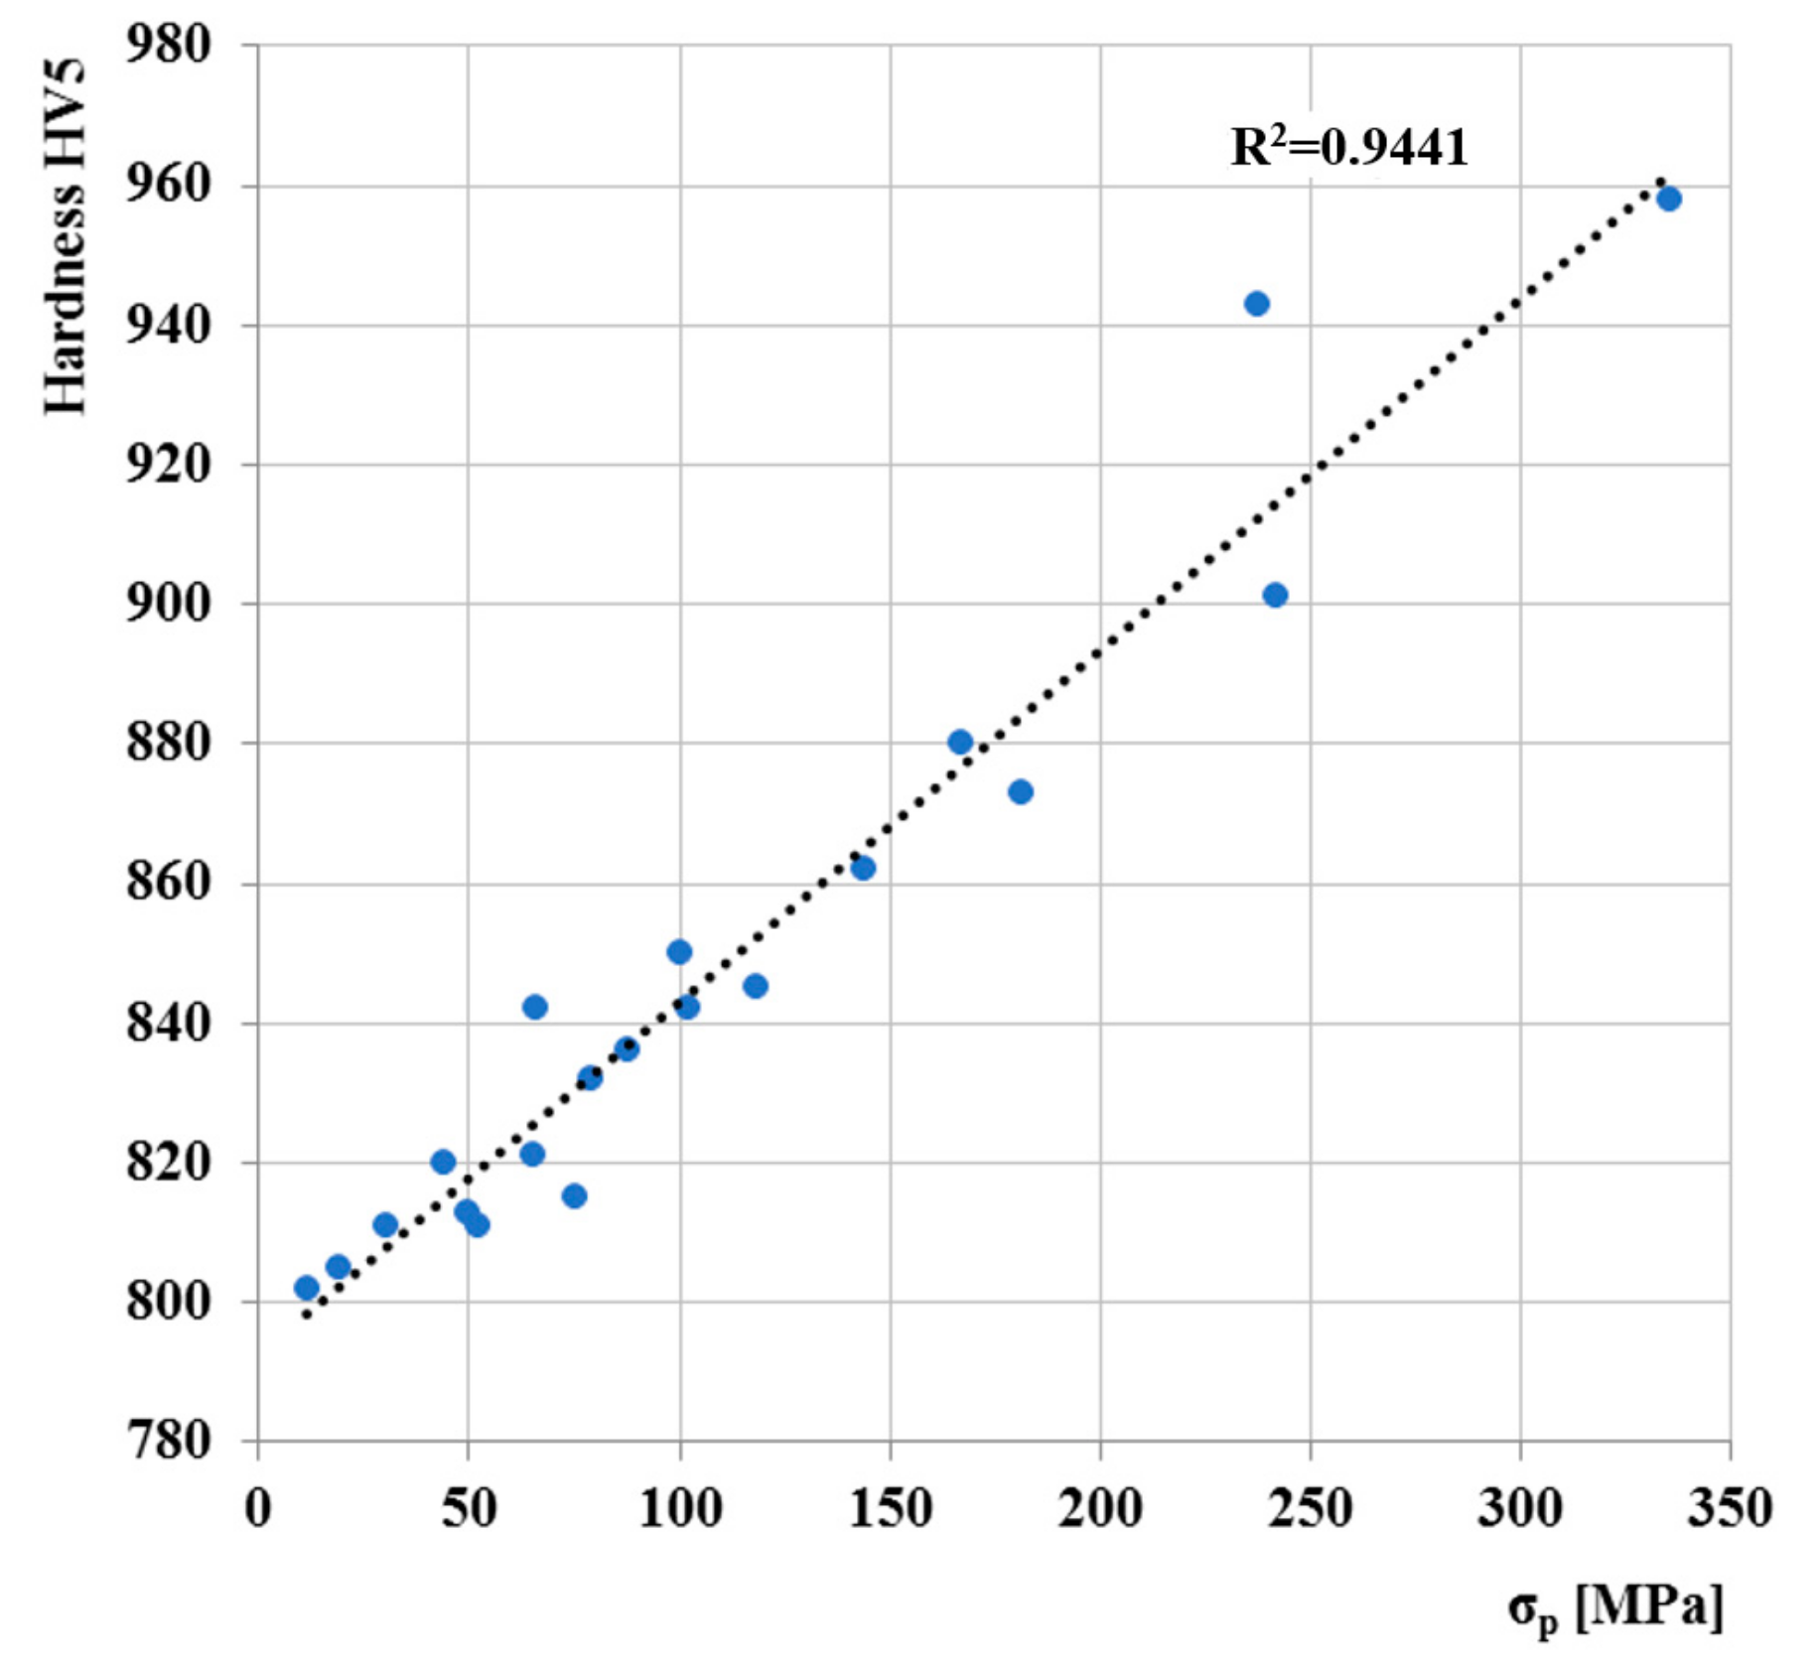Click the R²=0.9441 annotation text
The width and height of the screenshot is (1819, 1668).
tap(1348, 148)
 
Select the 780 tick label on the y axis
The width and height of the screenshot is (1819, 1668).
tap(169, 1441)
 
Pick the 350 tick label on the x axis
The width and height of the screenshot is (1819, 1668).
tap(1730, 1508)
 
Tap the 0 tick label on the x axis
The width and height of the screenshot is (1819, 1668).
tap(258, 1508)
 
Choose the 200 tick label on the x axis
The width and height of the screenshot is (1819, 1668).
tap(1099, 1508)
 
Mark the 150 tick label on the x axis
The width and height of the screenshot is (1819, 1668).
tap(890, 1508)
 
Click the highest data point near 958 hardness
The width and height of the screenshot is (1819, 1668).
tap(1669, 199)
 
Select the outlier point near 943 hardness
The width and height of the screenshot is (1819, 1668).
tap(1257, 304)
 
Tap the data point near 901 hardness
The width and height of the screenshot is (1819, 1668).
tap(1276, 596)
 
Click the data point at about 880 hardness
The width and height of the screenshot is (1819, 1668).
tap(960, 742)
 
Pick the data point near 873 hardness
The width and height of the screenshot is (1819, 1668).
tap(1021, 791)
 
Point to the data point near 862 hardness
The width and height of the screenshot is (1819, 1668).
tap(864, 869)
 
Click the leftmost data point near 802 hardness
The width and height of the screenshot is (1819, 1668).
tap(307, 1288)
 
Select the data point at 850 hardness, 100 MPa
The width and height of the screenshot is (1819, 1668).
tap(679, 952)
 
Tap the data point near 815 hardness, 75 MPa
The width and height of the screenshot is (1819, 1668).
tap(574, 1195)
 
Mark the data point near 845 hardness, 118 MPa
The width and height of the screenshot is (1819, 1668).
tap(756, 986)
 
